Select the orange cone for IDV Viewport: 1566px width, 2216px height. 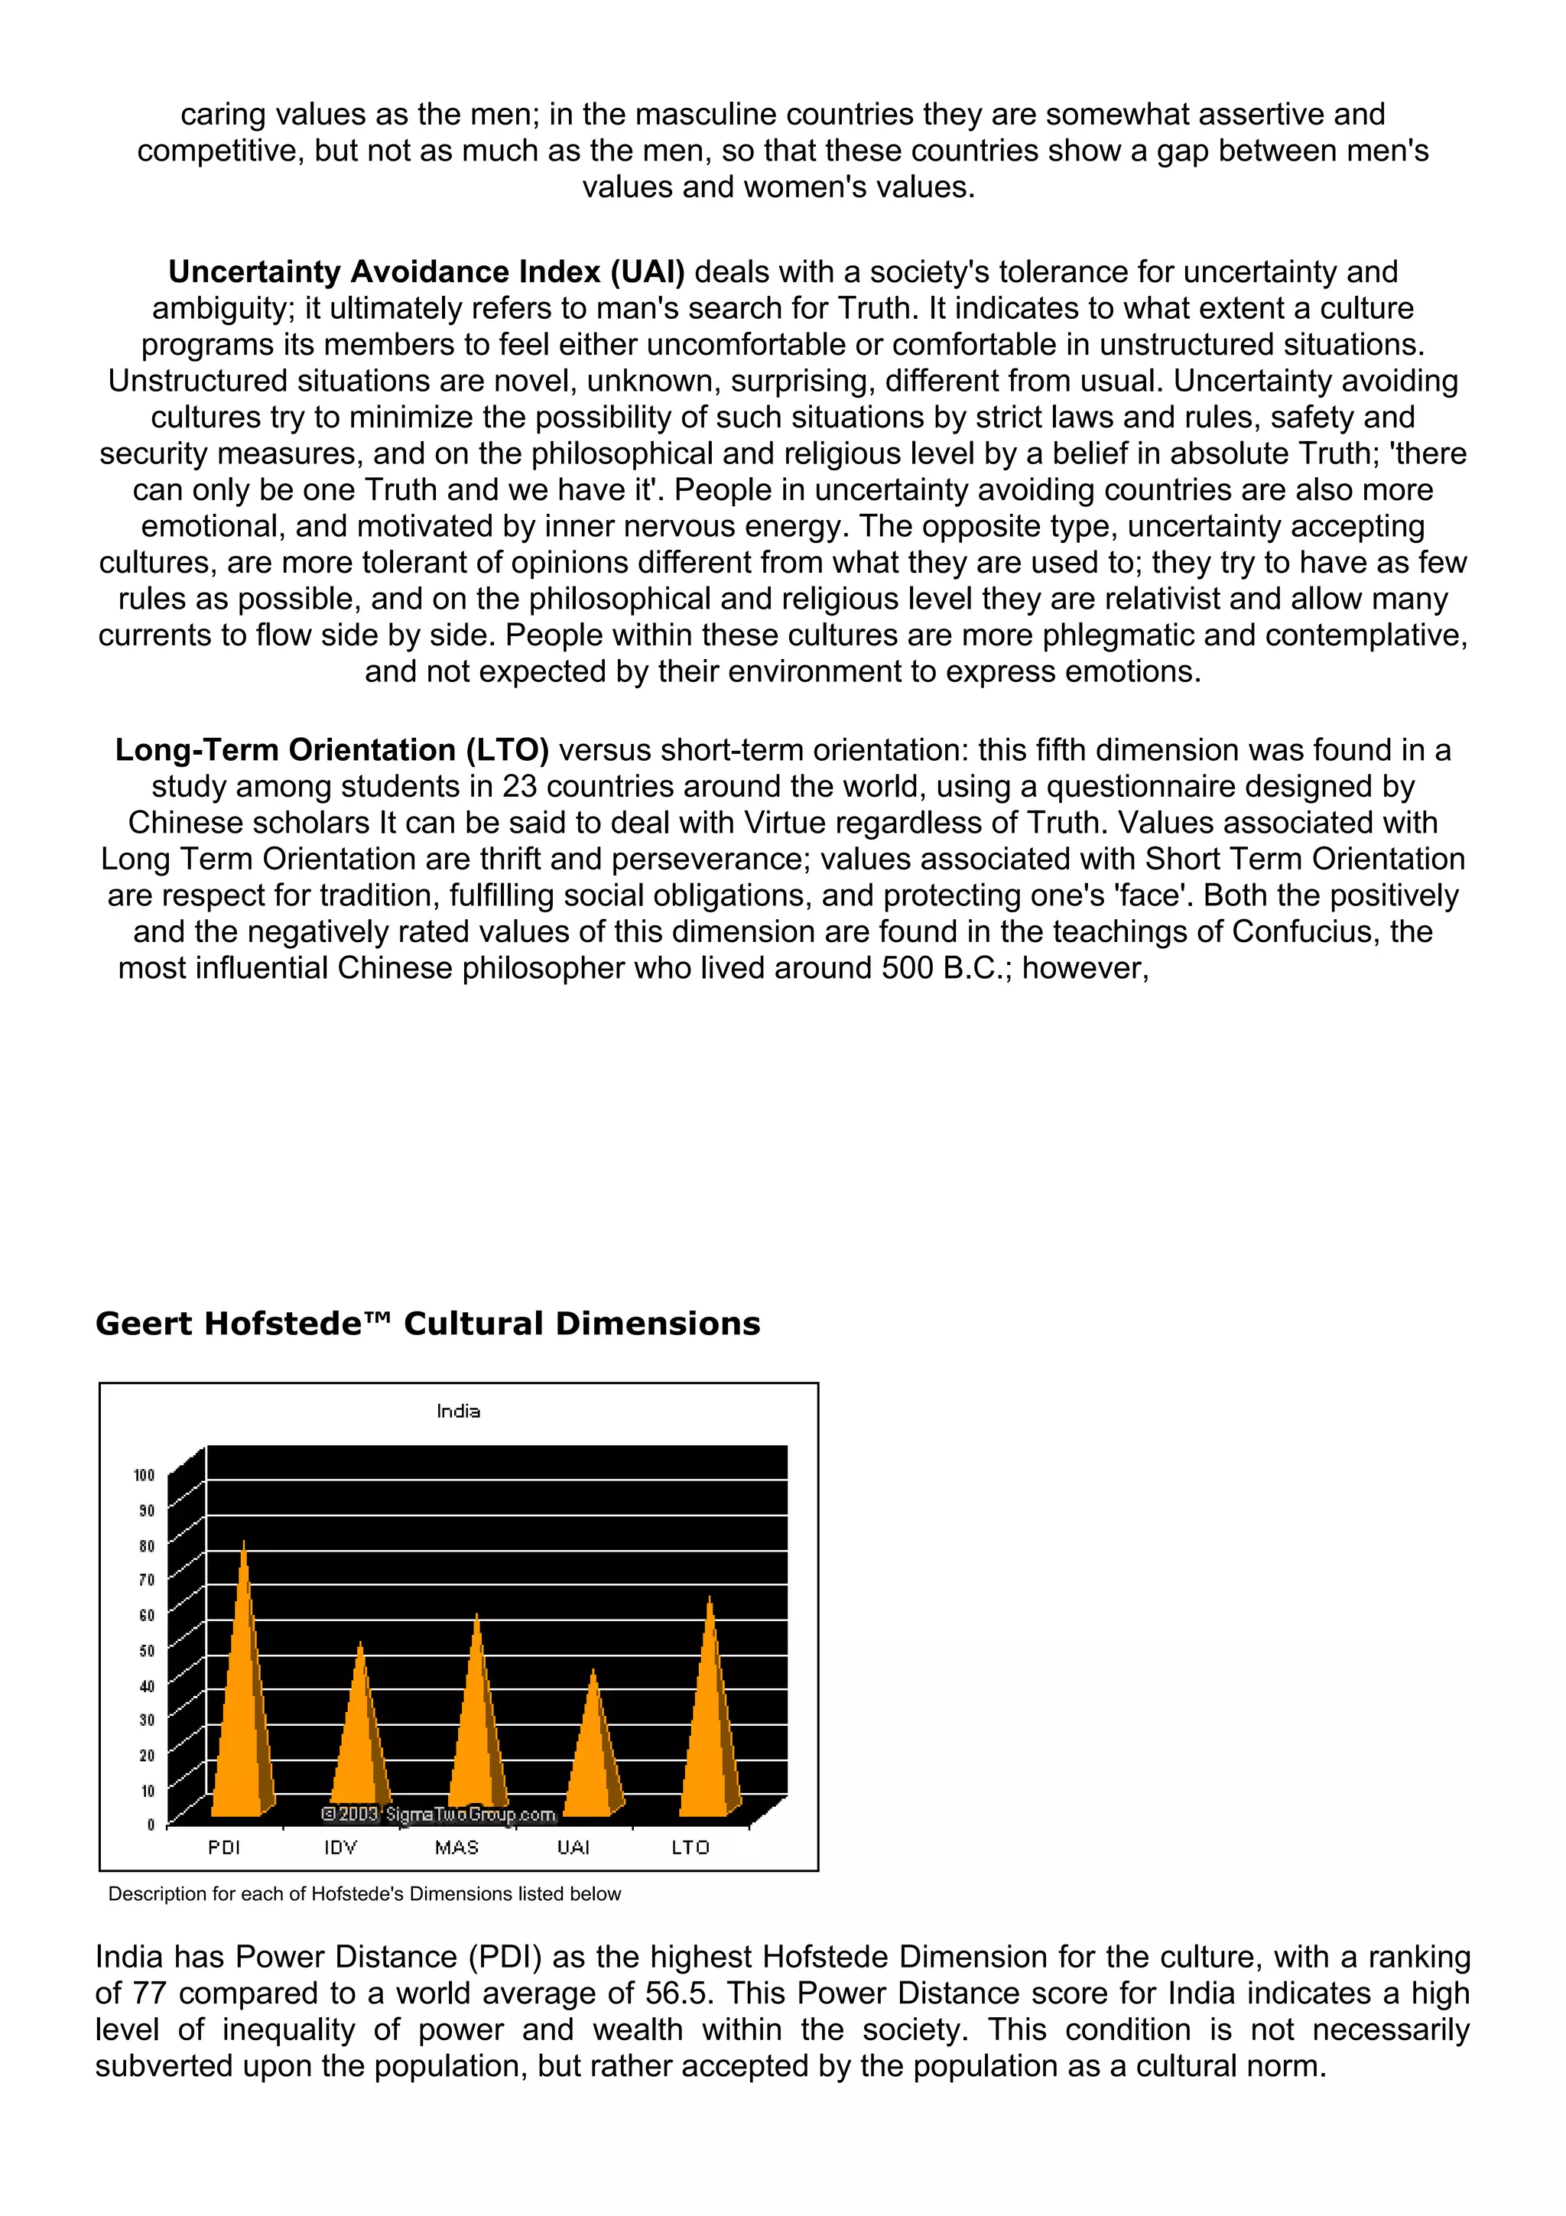360,1747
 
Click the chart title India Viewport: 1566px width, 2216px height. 458,1411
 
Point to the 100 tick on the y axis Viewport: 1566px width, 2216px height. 144,1475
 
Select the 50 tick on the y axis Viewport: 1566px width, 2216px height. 147,1650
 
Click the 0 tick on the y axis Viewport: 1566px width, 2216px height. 151,1824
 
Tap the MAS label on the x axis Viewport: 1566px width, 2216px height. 456,1847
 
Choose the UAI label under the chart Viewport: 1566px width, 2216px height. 573,1847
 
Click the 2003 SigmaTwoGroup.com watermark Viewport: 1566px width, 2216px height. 438,1815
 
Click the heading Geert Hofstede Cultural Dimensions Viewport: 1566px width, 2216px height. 427,1323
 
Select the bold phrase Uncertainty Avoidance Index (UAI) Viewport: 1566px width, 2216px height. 425,272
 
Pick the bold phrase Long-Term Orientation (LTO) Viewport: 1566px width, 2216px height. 331,750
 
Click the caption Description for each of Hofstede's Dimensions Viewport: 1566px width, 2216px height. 364,1893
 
